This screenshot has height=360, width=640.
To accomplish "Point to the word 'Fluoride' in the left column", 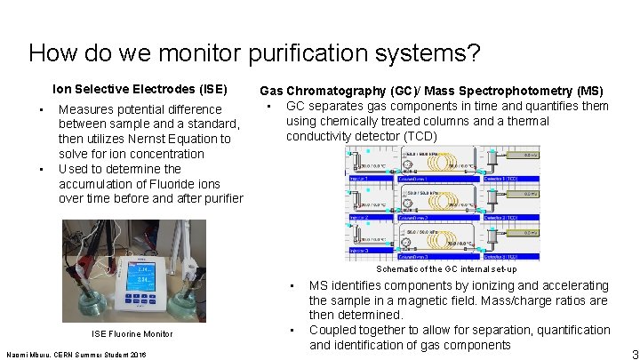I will [x=168, y=184].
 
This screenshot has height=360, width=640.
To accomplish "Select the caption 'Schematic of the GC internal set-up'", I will [x=445, y=268].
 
